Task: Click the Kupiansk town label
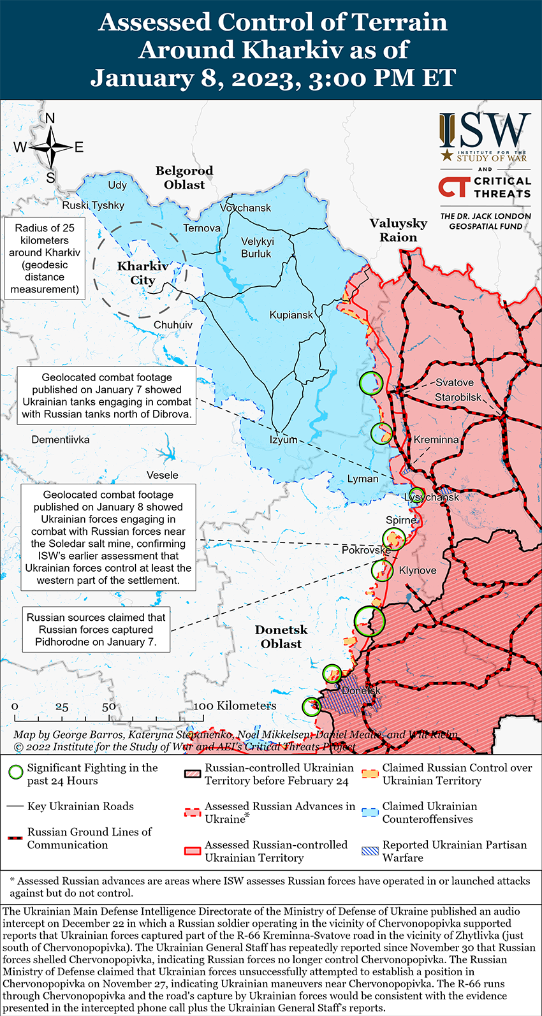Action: point(291,315)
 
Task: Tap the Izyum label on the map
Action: point(283,439)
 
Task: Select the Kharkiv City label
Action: point(142,273)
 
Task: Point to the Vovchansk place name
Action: point(245,208)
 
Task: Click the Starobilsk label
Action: point(458,397)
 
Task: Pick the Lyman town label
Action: point(362,479)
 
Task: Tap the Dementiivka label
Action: point(61,440)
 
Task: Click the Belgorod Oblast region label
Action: point(184,178)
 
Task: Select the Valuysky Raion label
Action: point(399,230)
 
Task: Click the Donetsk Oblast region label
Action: point(281,637)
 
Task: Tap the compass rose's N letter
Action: point(50,119)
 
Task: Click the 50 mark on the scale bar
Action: point(108,706)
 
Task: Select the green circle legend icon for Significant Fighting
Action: point(16,773)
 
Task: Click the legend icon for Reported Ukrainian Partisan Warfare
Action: point(370,851)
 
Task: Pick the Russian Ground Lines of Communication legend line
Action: point(15,838)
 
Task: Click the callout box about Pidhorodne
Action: point(96,630)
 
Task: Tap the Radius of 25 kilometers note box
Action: point(45,259)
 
